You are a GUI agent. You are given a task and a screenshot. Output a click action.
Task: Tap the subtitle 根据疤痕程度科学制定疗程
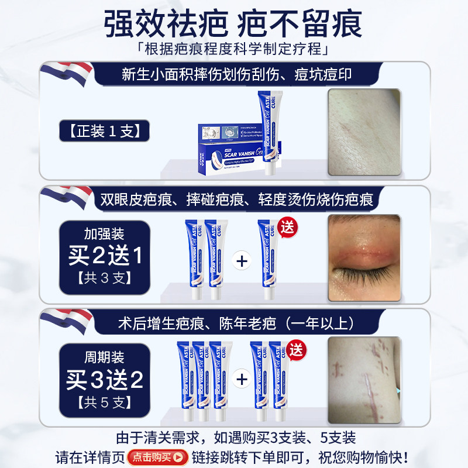[234, 48]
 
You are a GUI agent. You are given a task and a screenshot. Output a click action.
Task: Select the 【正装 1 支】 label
[104, 130]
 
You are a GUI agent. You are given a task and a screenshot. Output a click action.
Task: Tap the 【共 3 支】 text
[104, 278]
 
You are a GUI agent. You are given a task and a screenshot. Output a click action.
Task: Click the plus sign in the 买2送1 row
[241, 260]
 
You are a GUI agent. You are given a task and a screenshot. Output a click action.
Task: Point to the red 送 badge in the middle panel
[287, 226]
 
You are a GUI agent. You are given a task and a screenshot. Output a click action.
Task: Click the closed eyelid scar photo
[364, 258]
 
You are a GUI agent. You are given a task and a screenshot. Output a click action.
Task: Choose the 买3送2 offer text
[104, 380]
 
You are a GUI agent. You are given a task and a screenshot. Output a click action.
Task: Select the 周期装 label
[104, 357]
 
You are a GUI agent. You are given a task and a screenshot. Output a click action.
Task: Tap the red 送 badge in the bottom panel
[298, 350]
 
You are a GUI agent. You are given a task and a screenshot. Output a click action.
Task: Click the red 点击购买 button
[157, 457]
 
